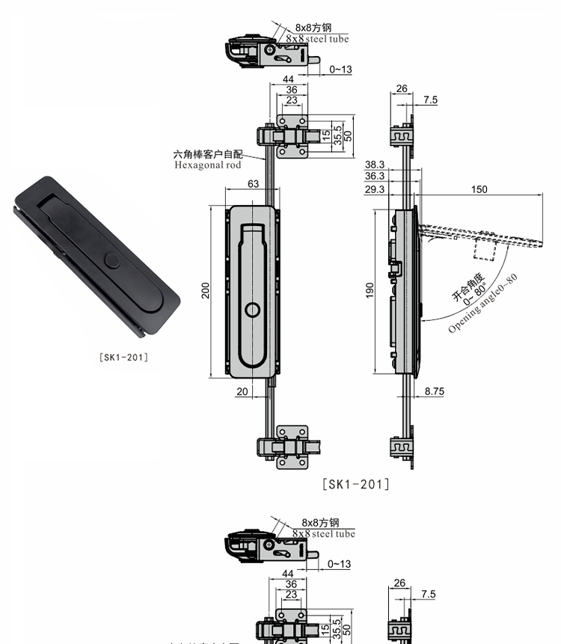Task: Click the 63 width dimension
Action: coord(254,183)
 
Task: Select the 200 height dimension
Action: coord(206,290)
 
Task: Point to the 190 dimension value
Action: coord(370,290)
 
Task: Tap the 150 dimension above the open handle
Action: coord(479,189)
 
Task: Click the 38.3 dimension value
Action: coord(375,165)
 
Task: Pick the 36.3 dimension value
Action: coord(375,177)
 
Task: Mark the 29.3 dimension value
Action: coord(375,189)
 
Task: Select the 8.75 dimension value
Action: coord(434,391)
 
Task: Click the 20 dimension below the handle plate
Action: coord(242,392)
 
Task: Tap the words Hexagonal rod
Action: coord(208,165)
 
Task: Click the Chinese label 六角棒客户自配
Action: coord(208,154)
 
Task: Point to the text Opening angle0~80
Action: coord(483,303)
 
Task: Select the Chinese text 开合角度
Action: coord(468,287)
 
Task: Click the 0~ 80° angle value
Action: coord(475,295)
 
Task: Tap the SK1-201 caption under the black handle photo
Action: coord(123,358)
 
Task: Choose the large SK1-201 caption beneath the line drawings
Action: coord(355,484)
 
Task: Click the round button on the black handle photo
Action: coord(112,261)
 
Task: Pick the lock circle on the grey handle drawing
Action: coord(252,310)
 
